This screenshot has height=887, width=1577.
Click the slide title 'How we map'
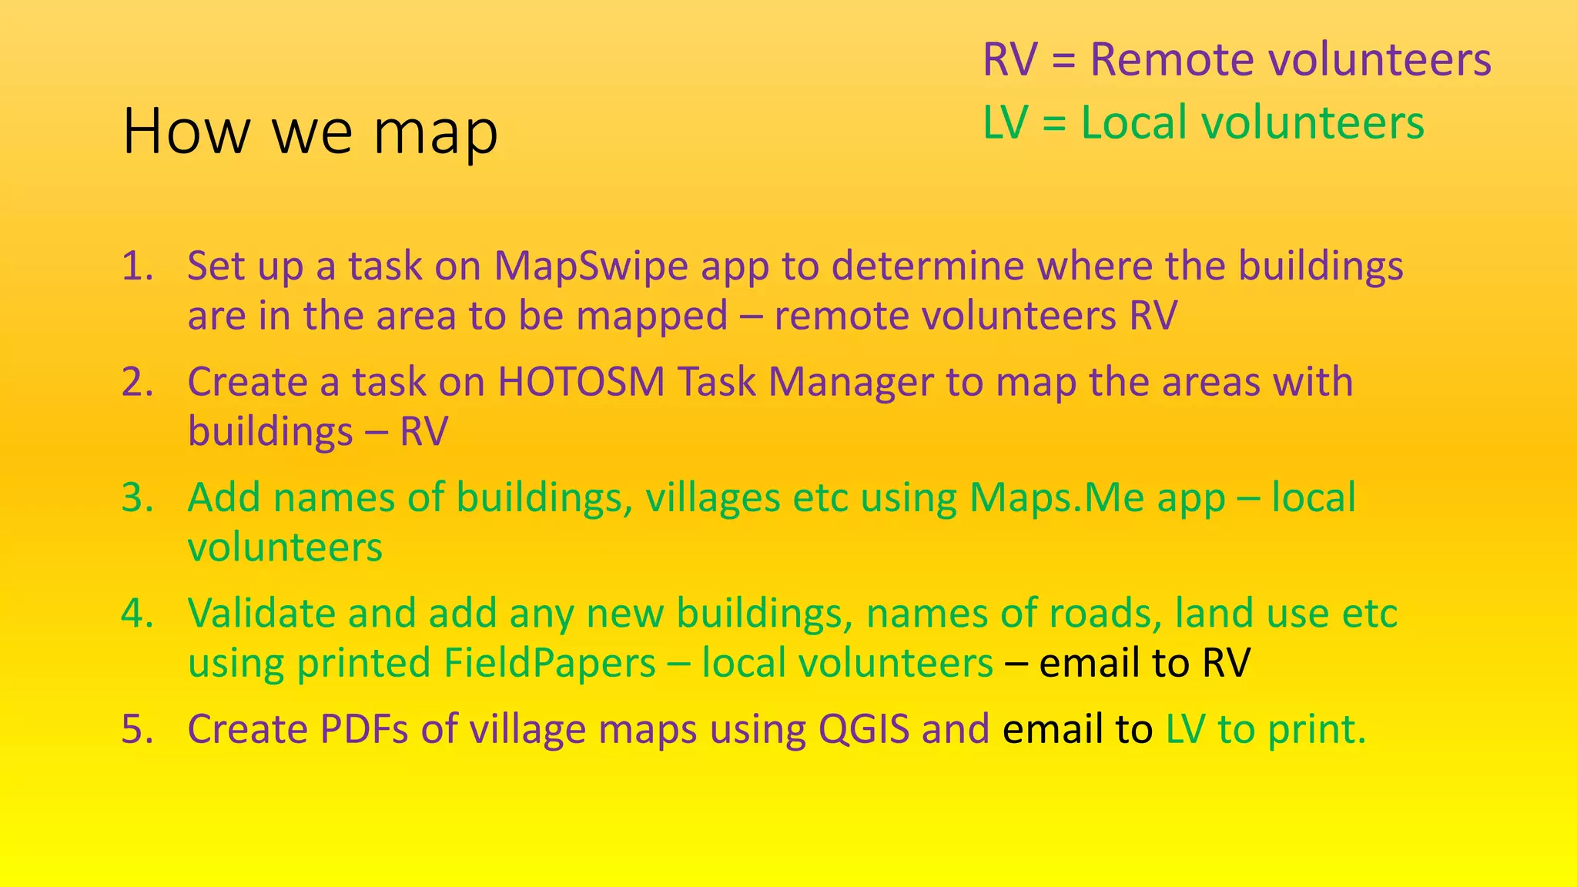pyautogui.click(x=310, y=132)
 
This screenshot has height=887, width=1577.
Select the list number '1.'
pyautogui.click(x=139, y=266)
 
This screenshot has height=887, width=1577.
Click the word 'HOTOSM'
pyautogui.click(x=581, y=382)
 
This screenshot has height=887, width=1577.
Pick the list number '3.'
pyautogui.click(x=139, y=498)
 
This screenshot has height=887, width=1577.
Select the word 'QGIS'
pyautogui.click(x=864, y=729)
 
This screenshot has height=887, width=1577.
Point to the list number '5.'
pyautogui.click(x=139, y=729)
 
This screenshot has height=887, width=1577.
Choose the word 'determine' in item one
pyautogui.click(x=927, y=267)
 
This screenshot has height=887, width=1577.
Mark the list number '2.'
pyautogui.click(x=139, y=382)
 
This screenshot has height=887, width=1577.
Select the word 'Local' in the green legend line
pyautogui.click(x=1133, y=123)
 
